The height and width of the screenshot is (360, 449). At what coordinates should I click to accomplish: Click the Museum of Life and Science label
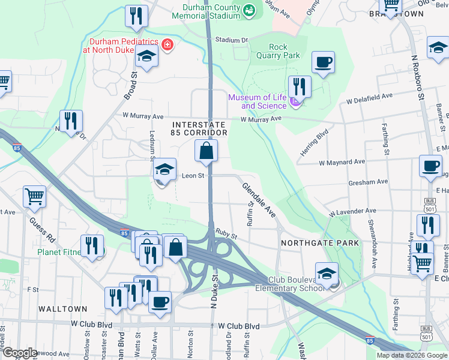coord(256,101)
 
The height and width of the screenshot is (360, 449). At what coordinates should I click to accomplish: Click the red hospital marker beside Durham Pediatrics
coord(167,44)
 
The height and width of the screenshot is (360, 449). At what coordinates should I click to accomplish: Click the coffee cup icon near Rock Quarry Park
coord(323,62)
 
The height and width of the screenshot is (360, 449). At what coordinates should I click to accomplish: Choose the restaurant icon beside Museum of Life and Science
coord(300,86)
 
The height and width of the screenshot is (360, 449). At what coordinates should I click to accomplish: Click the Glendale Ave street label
coord(259,200)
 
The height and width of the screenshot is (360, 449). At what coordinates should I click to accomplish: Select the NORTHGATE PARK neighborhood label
coord(320,243)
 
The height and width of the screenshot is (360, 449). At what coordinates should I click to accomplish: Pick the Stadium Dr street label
coord(232,40)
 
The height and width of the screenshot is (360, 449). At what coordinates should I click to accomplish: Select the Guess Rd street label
coord(39,231)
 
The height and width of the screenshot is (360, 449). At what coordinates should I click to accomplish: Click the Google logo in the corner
coord(20,353)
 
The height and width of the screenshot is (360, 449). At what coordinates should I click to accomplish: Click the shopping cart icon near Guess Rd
coord(34,196)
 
